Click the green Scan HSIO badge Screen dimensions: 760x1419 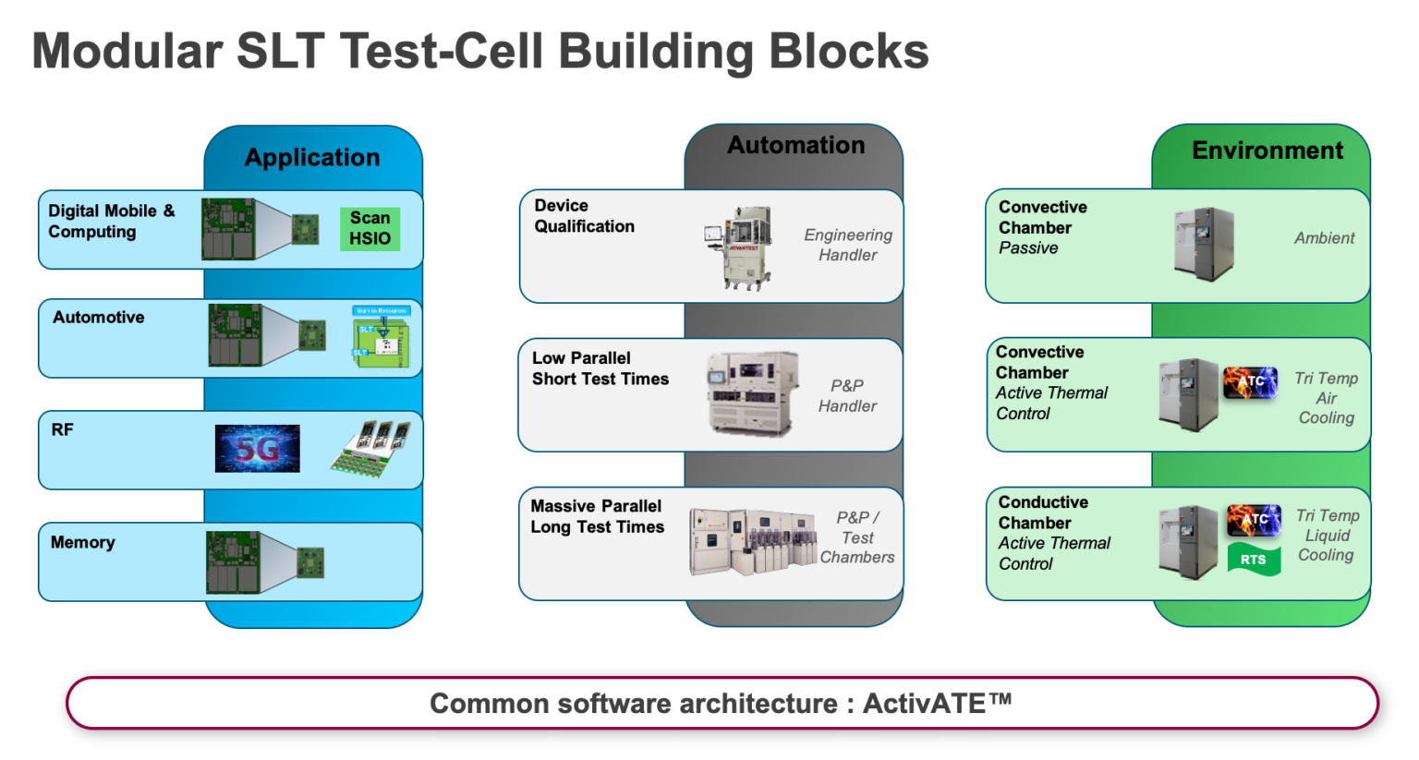coord(370,228)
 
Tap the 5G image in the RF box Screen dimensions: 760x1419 coord(257,449)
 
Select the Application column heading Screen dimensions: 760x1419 coord(312,157)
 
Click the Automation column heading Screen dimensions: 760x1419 coord(795,145)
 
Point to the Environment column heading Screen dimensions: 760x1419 coord(1267,151)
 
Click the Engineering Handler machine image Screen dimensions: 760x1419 coord(739,247)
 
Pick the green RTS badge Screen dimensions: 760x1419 coord(1254,560)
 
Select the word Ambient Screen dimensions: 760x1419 coord(1324,238)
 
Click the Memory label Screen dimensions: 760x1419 coord(83,542)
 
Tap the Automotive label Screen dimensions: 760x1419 coord(99,317)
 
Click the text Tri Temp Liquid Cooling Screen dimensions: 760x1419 coord(1327,536)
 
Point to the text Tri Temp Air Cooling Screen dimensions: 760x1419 coord(1326,398)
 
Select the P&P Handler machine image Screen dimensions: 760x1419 coord(752,393)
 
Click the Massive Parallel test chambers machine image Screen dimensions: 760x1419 coord(752,541)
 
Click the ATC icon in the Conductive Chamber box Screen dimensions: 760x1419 coord(1254,520)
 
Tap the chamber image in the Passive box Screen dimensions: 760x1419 coord(1203,244)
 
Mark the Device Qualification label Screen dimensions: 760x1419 coord(584,216)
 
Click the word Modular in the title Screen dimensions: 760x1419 coord(127,51)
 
